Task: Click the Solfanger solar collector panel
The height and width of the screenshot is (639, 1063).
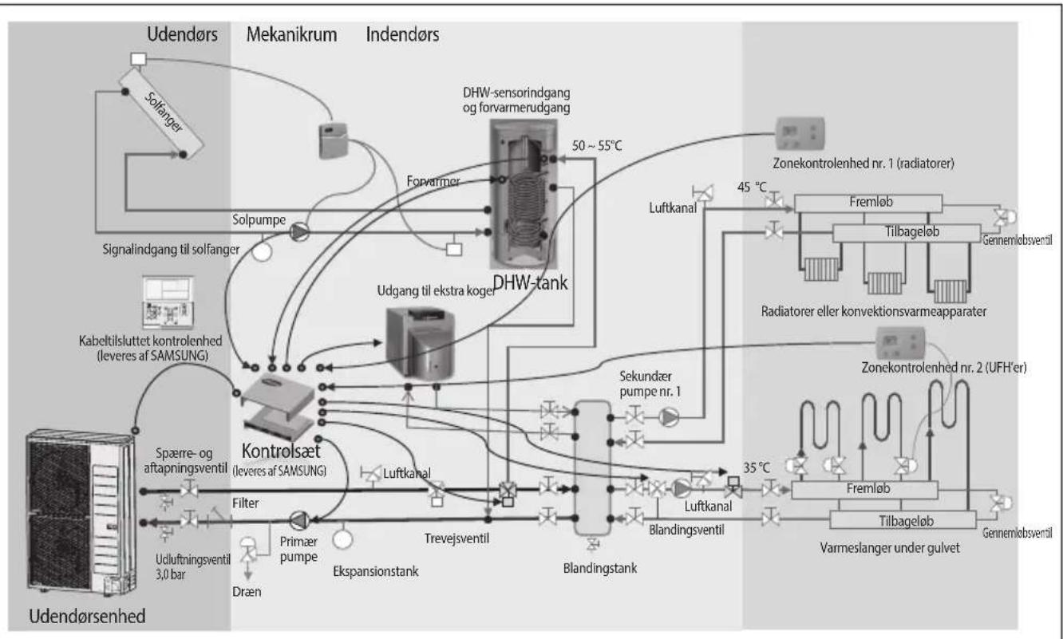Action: (161, 114)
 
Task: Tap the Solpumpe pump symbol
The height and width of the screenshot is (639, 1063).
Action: (299, 232)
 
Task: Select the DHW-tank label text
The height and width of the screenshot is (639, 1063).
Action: (530, 283)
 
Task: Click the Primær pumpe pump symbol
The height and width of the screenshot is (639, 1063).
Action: (299, 520)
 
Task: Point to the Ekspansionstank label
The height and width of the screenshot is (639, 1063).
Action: (376, 571)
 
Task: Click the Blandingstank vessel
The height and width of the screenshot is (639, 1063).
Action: (592, 467)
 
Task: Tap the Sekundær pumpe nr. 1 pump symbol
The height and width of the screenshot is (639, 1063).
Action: (669, 417)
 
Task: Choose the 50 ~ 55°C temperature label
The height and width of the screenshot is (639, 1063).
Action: (596, 146)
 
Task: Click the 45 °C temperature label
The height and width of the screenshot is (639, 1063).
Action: (752, 187)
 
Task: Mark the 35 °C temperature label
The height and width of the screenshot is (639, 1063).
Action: (757, 467)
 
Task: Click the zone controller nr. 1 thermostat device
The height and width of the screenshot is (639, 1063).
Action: (800, 133)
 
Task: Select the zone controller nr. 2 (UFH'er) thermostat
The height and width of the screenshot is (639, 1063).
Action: (900, 343)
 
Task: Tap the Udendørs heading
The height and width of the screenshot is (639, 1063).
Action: (182, 34)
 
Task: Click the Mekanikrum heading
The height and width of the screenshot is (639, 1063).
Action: (291, 34)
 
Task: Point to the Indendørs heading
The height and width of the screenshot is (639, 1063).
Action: (402, 34)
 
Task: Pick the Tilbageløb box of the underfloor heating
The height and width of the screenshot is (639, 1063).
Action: (903, 520)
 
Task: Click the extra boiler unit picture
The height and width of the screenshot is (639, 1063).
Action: (420, 342)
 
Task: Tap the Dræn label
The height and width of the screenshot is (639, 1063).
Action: (247, 592)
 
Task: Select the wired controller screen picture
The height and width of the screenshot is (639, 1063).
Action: (168, 302)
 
